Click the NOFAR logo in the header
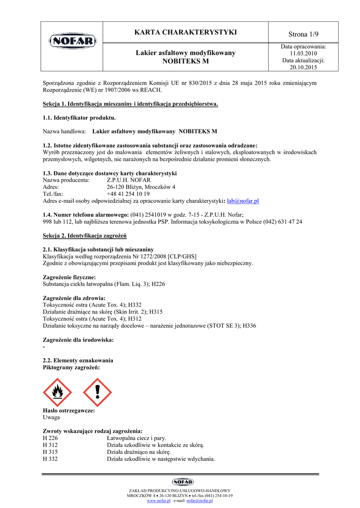[x=72, y=40]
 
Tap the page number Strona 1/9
[x=303, y=34]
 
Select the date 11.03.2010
[x=303, y=53]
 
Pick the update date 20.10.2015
[x=303, y=67]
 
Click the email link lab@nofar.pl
[x=243, y=201]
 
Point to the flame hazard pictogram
[x=58, y=392]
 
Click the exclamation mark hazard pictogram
[x=97, y=392]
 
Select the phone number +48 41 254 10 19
[x=128, y=194]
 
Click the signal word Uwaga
[x=52, y=418]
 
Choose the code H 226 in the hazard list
[x=51, y=439]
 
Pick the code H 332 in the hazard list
[x=51, y=459]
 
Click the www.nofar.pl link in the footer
[x=158, y=501]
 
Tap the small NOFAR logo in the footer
[x=183, y=482]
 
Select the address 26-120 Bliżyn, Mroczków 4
[x=141, y=187]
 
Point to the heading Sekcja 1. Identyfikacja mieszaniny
[x=131, y=104]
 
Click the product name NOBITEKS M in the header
[x=186, y=61]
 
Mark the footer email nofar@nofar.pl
[x=199, y=501]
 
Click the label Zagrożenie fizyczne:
[x=70, y=277]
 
